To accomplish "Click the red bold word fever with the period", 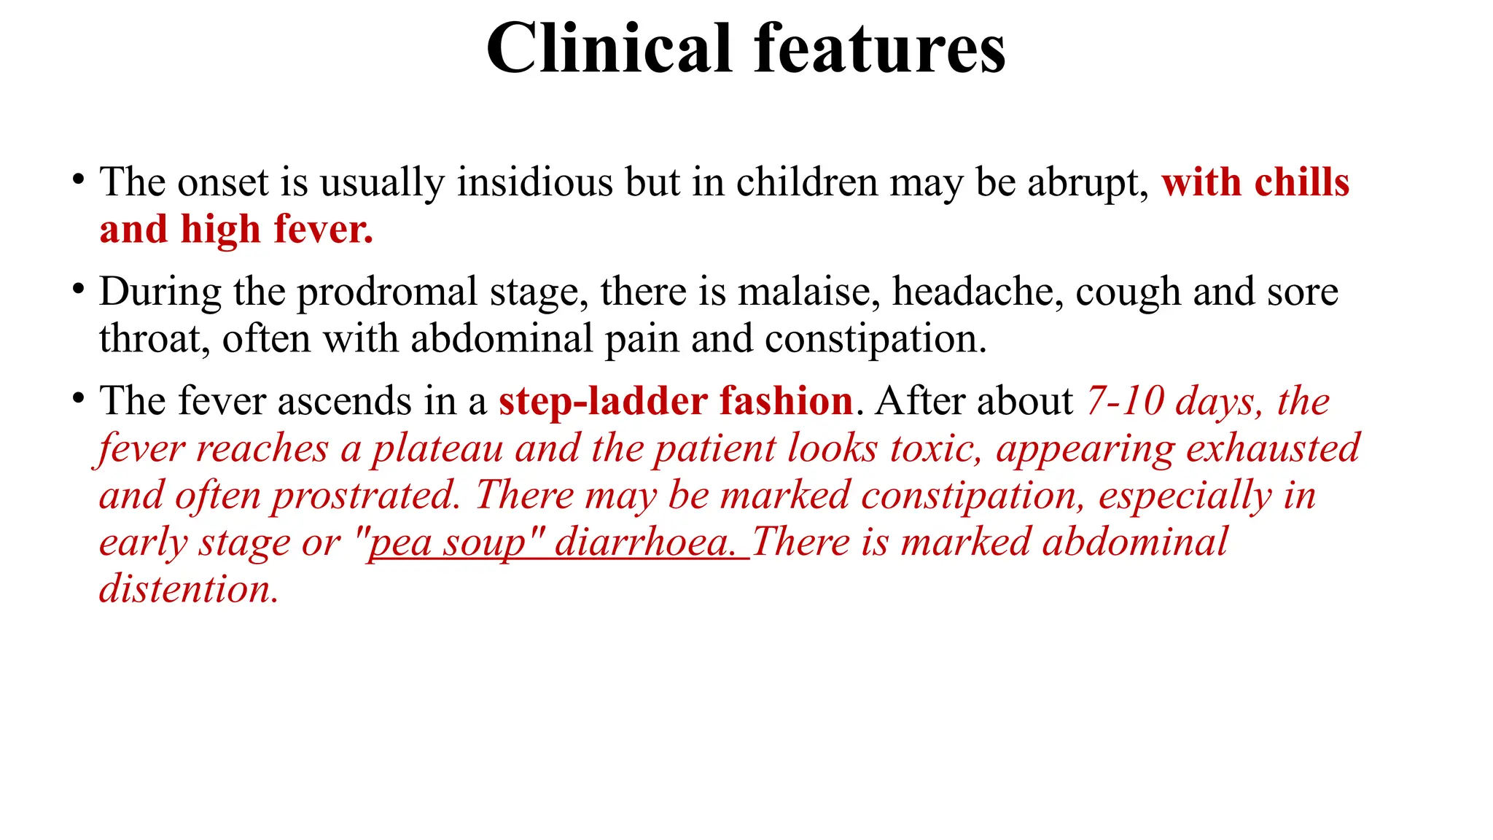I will point(323,230).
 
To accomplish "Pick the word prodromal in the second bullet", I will point(387,292).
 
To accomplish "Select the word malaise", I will point(804,292).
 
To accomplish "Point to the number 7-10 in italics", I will point(1125,402).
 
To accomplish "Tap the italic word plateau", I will point(438,448).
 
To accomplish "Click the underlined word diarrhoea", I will point(646,543).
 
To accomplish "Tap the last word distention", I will point(189,589).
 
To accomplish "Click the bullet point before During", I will point(78,289).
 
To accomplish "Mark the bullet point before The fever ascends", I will point(78,398).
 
